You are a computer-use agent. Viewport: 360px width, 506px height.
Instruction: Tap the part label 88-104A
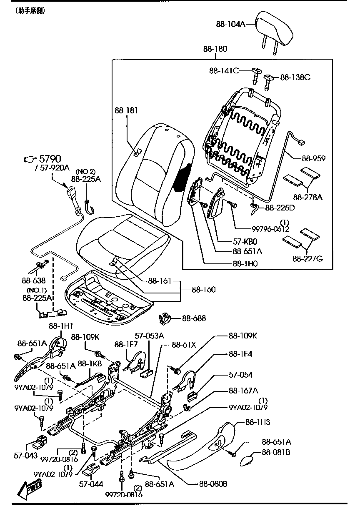[x=230, y=24]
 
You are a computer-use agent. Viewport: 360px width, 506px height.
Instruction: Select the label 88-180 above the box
[x=215, y=49]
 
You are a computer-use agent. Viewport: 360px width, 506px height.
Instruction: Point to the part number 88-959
[x=314, y=158]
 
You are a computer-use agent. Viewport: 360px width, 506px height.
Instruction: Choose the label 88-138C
[x=295, y=77]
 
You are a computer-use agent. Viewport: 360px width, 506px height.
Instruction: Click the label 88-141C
[x=224, y=71]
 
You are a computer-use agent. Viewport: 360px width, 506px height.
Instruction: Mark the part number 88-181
[x=126, y=110]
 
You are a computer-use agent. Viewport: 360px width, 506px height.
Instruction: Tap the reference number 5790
[x=50, y=159]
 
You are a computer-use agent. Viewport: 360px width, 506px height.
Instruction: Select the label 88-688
[x=194, y=318]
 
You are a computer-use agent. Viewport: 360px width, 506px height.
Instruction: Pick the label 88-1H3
[x=258, y=422]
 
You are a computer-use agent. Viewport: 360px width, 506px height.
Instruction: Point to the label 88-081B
[x=276, y=452]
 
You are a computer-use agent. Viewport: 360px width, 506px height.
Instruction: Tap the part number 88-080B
[x=213, y=484]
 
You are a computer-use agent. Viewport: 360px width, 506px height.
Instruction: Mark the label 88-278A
[x=307, y=197]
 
